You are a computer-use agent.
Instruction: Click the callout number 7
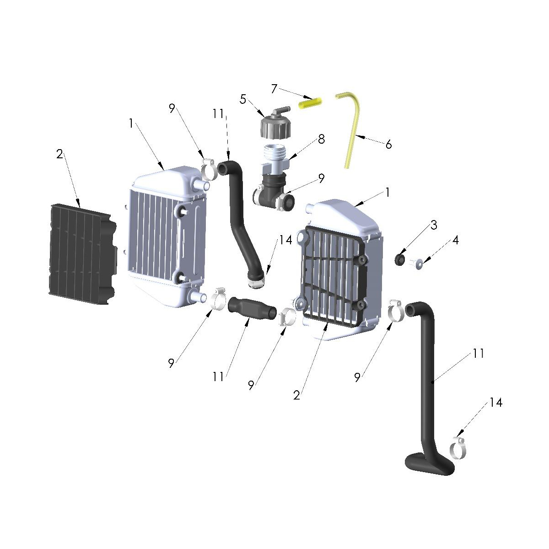tap(274, 88)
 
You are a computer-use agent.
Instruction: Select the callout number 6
tap(388, 145)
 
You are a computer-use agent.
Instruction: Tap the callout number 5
tap(243, 99)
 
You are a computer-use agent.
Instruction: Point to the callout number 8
tap(321, 139)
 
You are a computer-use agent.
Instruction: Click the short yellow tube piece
tap(311, 103)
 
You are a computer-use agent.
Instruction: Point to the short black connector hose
tap(252, 307)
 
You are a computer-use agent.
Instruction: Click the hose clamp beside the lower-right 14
tap(458, 448)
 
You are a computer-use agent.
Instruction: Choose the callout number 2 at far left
tap(59, 155)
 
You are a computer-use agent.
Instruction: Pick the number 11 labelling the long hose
tap(479, 353)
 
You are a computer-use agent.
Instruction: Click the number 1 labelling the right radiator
tap(388, 193)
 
